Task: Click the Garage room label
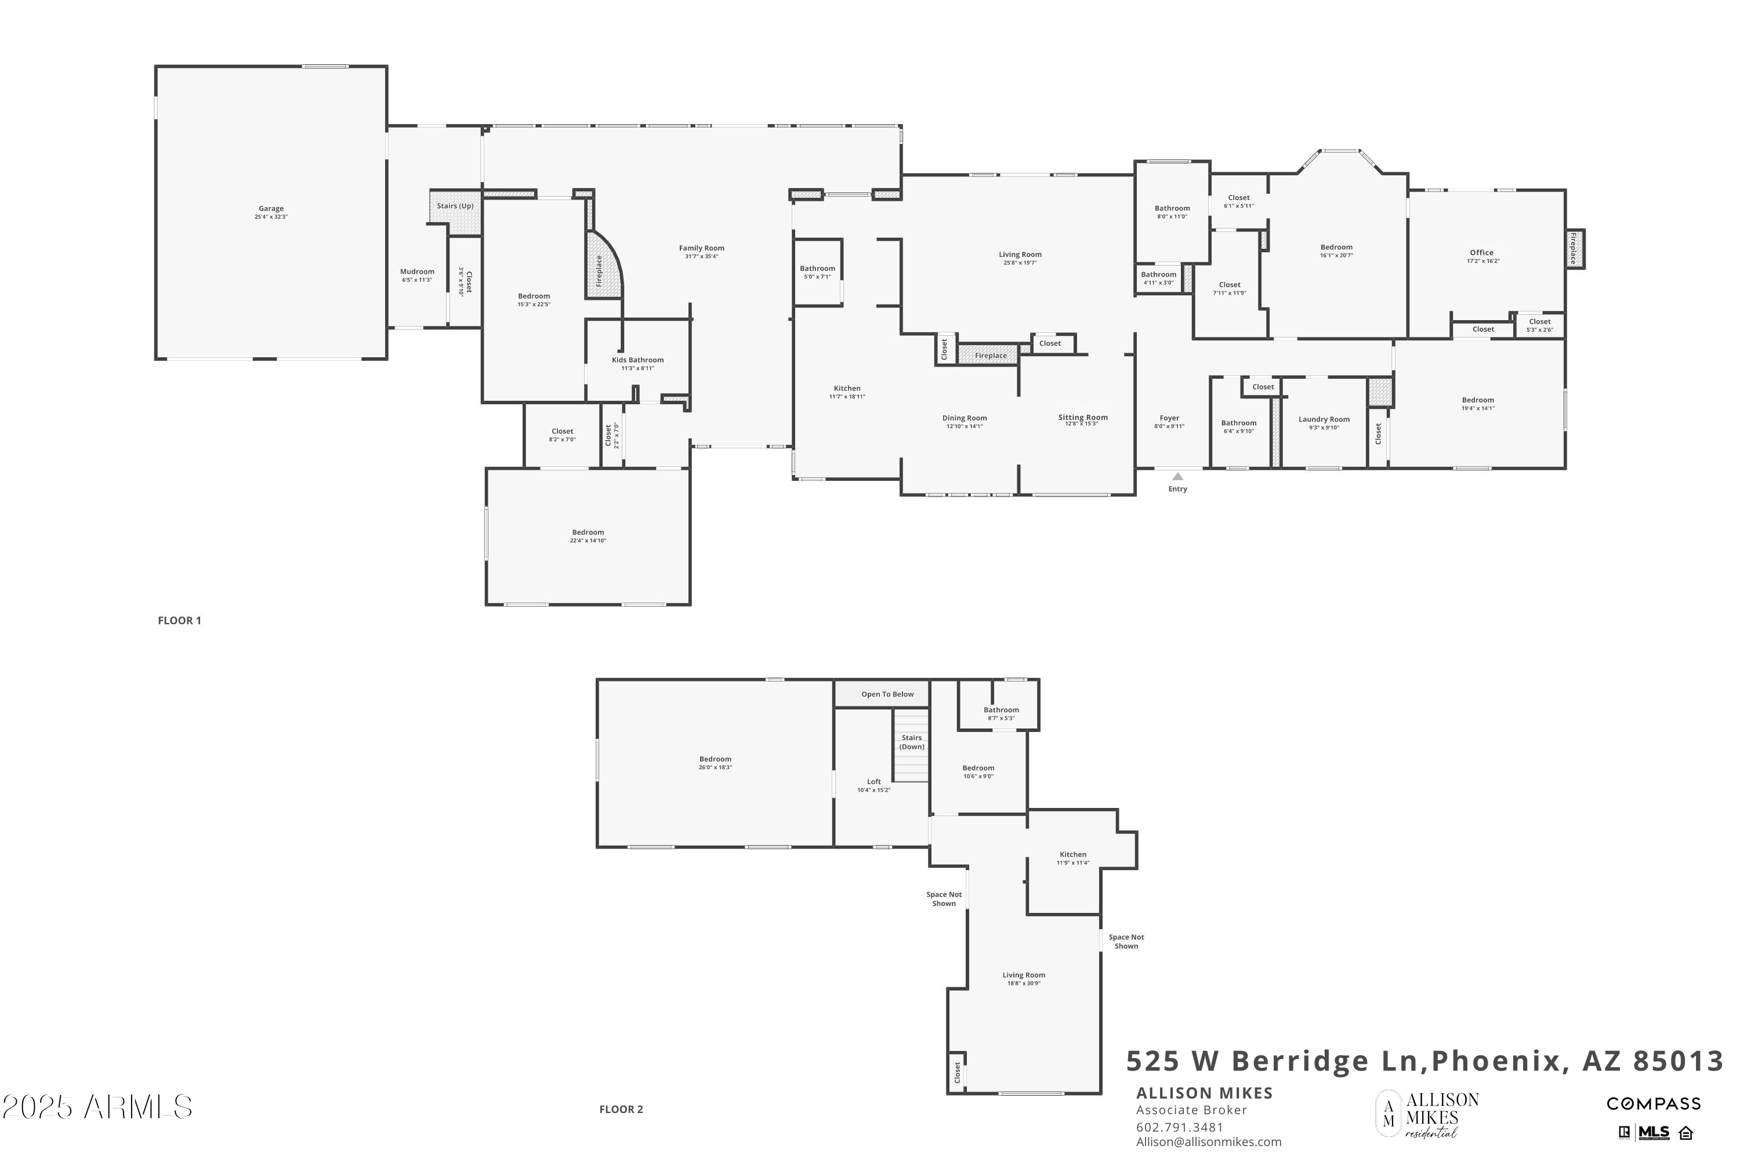click(x=271, y=209)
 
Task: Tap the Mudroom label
click(x=417, y=271)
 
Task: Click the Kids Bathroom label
click(x=637, y=360)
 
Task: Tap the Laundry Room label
click(x=1324, y=419)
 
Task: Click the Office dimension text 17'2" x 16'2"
click(x=1482, y=261)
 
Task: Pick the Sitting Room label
click(x=1082, y=417)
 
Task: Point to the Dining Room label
click(x=964, y=418)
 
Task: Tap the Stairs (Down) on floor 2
click(x=911, y=742)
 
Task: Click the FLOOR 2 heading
click(x=621, y=1109)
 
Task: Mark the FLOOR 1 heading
click(x=179, y=621)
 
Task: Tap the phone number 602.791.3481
click(x=1179, y=1128)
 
